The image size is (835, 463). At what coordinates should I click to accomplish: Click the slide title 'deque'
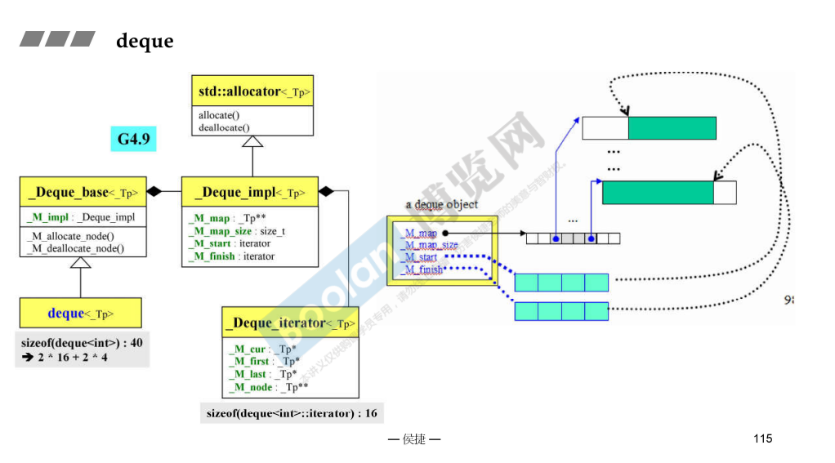[x=145, y=41]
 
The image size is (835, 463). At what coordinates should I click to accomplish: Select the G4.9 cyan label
[x=133, y=139]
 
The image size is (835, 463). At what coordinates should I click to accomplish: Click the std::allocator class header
[x=254, y=91]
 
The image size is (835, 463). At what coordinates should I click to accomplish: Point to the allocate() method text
[x=219, y=115]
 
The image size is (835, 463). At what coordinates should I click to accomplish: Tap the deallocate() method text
[x=224, y=127]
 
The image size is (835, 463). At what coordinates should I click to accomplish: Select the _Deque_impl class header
[x=250, y=193]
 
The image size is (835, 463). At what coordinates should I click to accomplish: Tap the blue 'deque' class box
[x=80, y=313]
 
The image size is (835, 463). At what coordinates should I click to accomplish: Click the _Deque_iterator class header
[x=290, y=323]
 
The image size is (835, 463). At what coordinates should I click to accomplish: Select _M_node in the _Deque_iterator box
[x=267, y=386]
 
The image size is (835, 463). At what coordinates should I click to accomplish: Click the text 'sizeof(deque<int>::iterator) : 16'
[x=292, y=413]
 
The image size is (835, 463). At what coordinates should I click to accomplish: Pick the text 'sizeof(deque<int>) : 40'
[x=82, y=342]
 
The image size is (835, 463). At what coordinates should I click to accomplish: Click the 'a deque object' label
[x=441, y=204]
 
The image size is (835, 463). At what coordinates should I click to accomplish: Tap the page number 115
[x=761, y=439]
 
